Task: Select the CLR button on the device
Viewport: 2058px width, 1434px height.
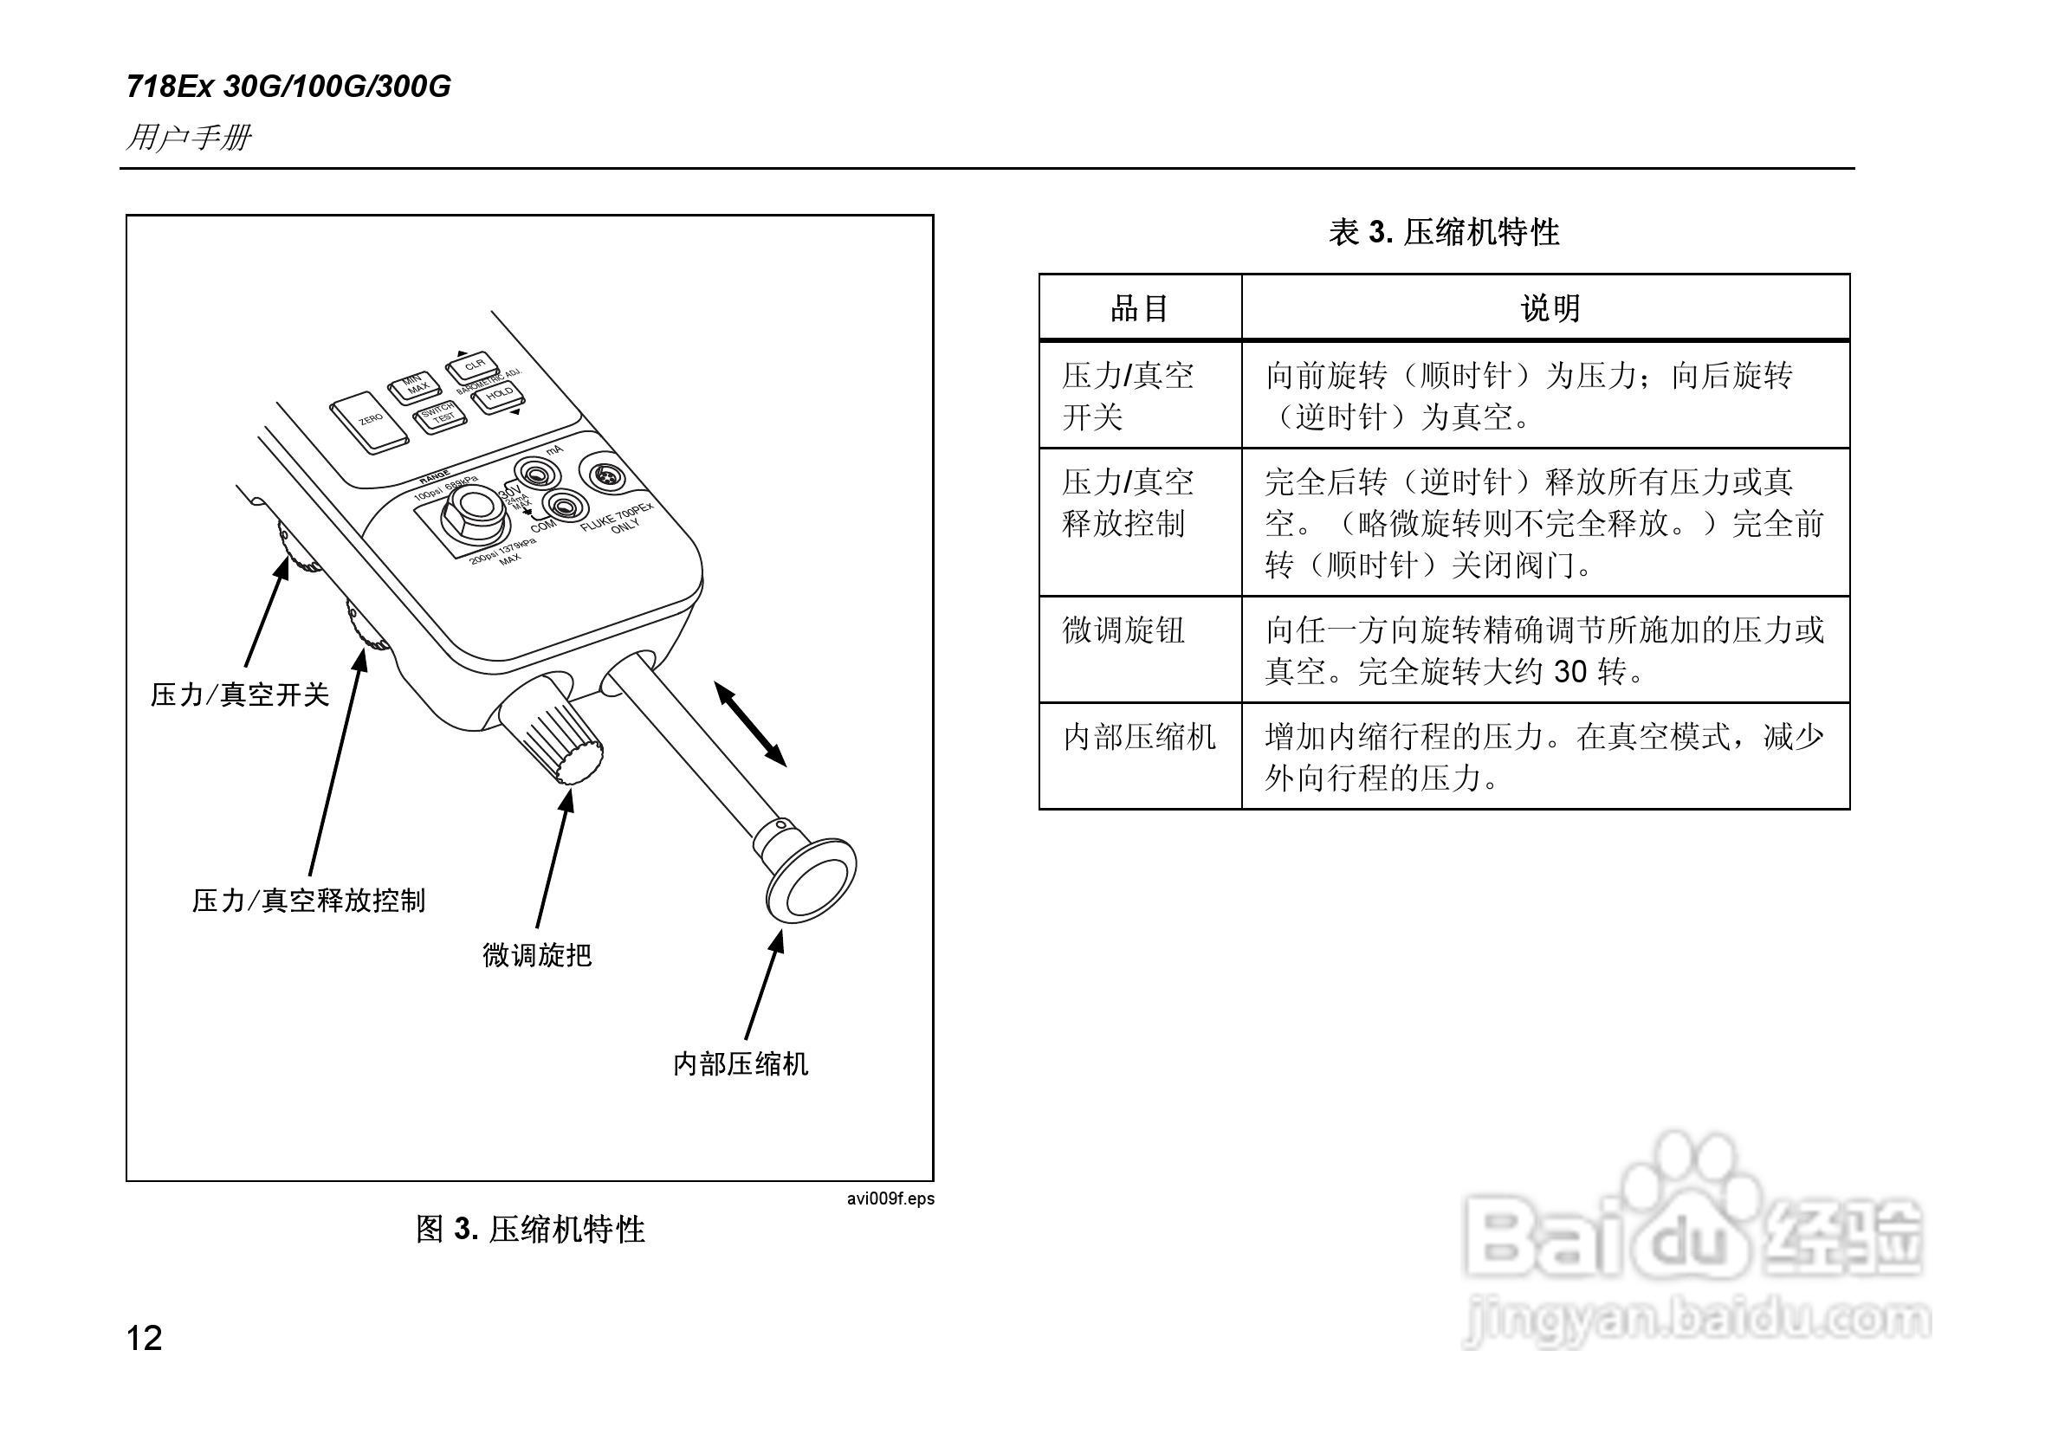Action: (x=473, y=365)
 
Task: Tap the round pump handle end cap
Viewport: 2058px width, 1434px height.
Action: (x=812, y=881)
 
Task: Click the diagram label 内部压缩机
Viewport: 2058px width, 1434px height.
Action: (x=741, y=1064)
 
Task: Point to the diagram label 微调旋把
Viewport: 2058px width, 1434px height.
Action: (x=537, y=955)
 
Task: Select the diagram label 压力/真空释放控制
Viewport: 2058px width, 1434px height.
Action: (x=308, y=900)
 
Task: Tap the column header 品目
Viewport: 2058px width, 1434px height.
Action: (x=1139, y=308)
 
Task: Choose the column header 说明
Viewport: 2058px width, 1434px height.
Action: (x=1550, y=308)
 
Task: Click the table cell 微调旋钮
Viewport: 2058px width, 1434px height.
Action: (x=1124, y=630)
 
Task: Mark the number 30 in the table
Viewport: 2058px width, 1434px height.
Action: (x=1570, y=671)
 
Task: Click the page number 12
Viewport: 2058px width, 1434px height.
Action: (x=145, y=1338)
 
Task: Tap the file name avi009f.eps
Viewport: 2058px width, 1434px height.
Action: (x=890, y=1199)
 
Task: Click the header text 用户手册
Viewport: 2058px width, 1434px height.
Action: (x=189, y=138)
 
